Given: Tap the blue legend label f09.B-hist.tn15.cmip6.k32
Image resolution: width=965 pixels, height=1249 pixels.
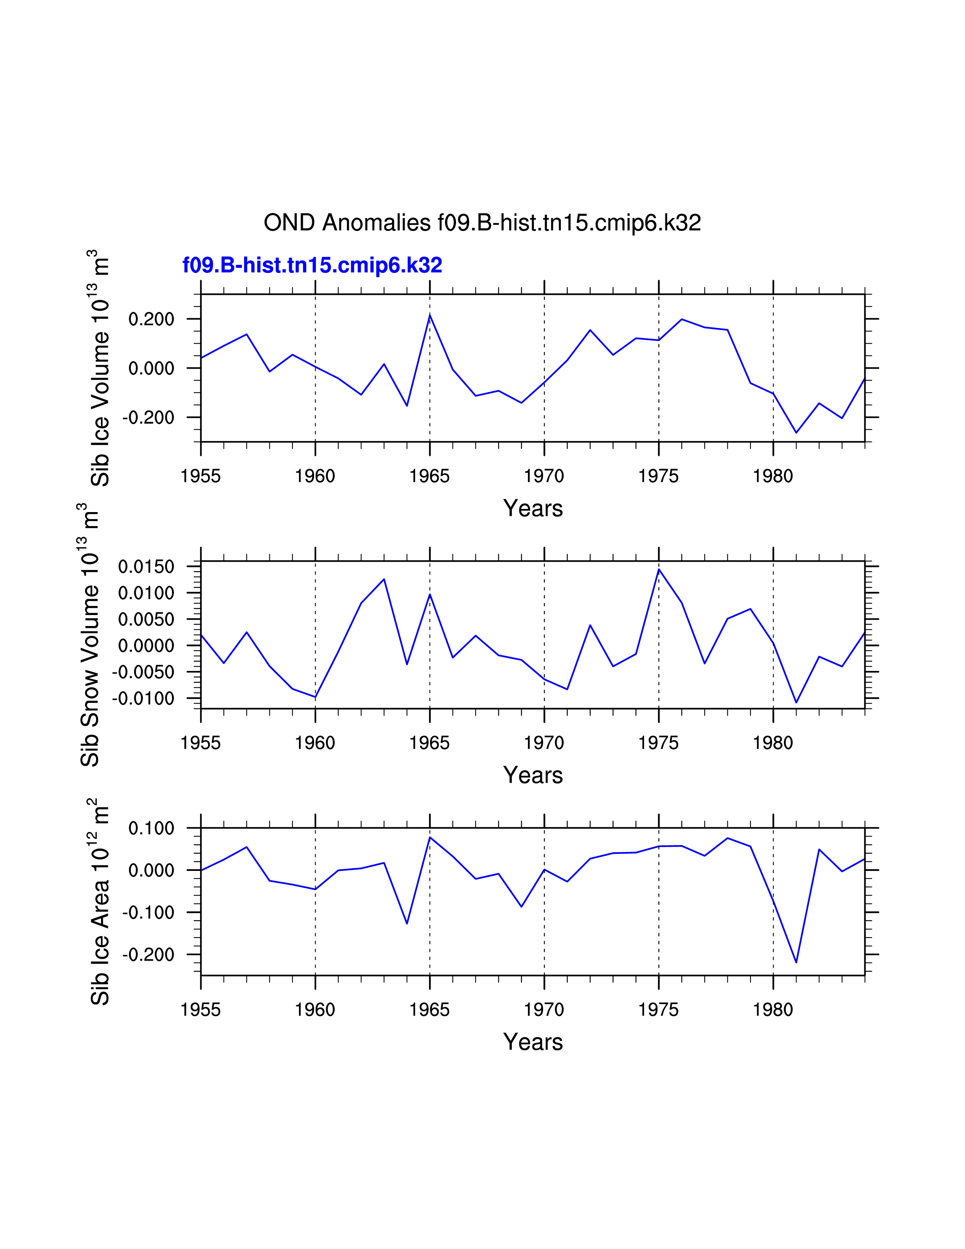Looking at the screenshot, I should (312, 265).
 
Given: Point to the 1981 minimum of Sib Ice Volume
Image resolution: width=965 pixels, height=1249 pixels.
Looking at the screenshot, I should (796, 432).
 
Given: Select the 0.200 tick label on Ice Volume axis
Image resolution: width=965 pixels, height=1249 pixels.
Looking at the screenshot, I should (151, 319).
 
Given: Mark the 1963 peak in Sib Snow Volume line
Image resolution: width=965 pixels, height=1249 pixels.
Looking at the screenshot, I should (384, 579).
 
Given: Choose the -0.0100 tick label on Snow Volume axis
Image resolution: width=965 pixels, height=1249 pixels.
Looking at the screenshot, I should (143, 698).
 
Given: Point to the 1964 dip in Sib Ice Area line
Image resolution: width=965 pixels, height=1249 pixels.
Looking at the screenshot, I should (407, 924).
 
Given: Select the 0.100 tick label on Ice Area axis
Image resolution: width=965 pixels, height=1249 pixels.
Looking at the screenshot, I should (151, 828).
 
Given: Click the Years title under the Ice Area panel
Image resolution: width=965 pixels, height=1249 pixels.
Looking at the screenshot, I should (533, 1042).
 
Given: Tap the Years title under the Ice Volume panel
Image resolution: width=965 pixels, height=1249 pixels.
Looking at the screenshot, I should (533, 508).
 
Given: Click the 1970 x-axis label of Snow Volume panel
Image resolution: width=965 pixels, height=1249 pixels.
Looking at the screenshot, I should (544, 743).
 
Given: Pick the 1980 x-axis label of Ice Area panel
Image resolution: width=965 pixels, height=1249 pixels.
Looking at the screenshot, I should (773, 1010).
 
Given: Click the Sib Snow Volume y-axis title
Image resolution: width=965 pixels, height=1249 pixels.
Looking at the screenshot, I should (90, 635).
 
